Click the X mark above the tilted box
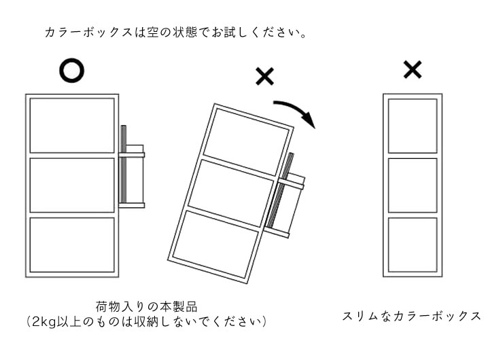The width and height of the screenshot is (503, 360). (x=264, y=76)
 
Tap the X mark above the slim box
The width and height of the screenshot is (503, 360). (x=413, y=69)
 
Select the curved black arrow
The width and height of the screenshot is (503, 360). (x=297, y=109)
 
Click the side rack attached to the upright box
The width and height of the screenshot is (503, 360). (x=132, y=166)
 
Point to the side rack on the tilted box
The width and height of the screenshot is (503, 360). (x=285, y=196)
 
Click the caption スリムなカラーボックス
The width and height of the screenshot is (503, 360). (x=411, y=316)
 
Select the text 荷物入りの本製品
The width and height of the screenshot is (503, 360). (x=146, y=307)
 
